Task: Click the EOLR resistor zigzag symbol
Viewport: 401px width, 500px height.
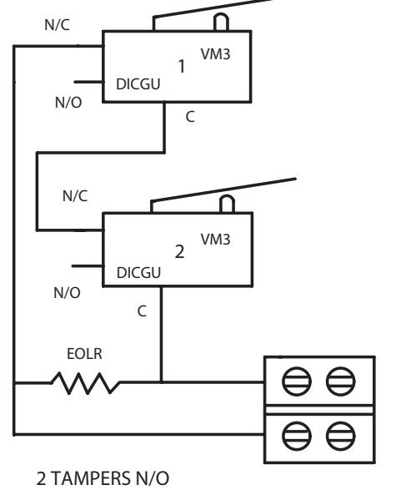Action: click(85, 382)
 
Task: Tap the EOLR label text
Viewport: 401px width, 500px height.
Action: click(84, 354)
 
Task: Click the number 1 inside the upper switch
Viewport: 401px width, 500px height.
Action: click(182, 66)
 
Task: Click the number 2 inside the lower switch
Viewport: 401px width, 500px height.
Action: click(179, 252)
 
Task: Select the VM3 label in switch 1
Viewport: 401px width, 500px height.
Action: click(215, 54)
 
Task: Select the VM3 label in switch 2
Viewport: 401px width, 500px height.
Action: click(215, 240)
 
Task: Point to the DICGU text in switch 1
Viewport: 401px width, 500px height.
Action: click(138, 84)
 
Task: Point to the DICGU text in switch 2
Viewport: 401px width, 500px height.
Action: click(138, 273)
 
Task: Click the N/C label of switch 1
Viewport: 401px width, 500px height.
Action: click(58, 25)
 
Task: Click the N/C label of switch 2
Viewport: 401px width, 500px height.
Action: click(75, 196)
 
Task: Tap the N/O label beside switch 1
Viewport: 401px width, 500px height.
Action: click(68, 103)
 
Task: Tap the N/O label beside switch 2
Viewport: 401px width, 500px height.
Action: click(68, 293)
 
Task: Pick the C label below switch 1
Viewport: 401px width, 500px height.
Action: click(190, 117)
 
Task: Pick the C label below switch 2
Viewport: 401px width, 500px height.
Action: click(142, 311)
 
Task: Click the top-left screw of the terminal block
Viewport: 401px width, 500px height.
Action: click(297, 381)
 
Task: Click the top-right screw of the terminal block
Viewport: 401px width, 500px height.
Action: click(341, 381)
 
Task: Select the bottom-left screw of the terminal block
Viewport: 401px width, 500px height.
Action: click(297, 436)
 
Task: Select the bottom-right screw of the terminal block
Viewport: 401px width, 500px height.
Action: click(341, 436)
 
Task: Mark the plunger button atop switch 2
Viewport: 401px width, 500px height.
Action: click(228, 204)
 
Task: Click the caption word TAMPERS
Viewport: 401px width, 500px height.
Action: click(91, 478)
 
